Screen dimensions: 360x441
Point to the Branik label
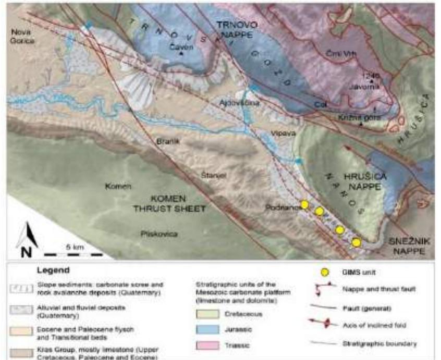(x=165, y=141)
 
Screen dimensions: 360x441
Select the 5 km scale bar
(x=72, y=253)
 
